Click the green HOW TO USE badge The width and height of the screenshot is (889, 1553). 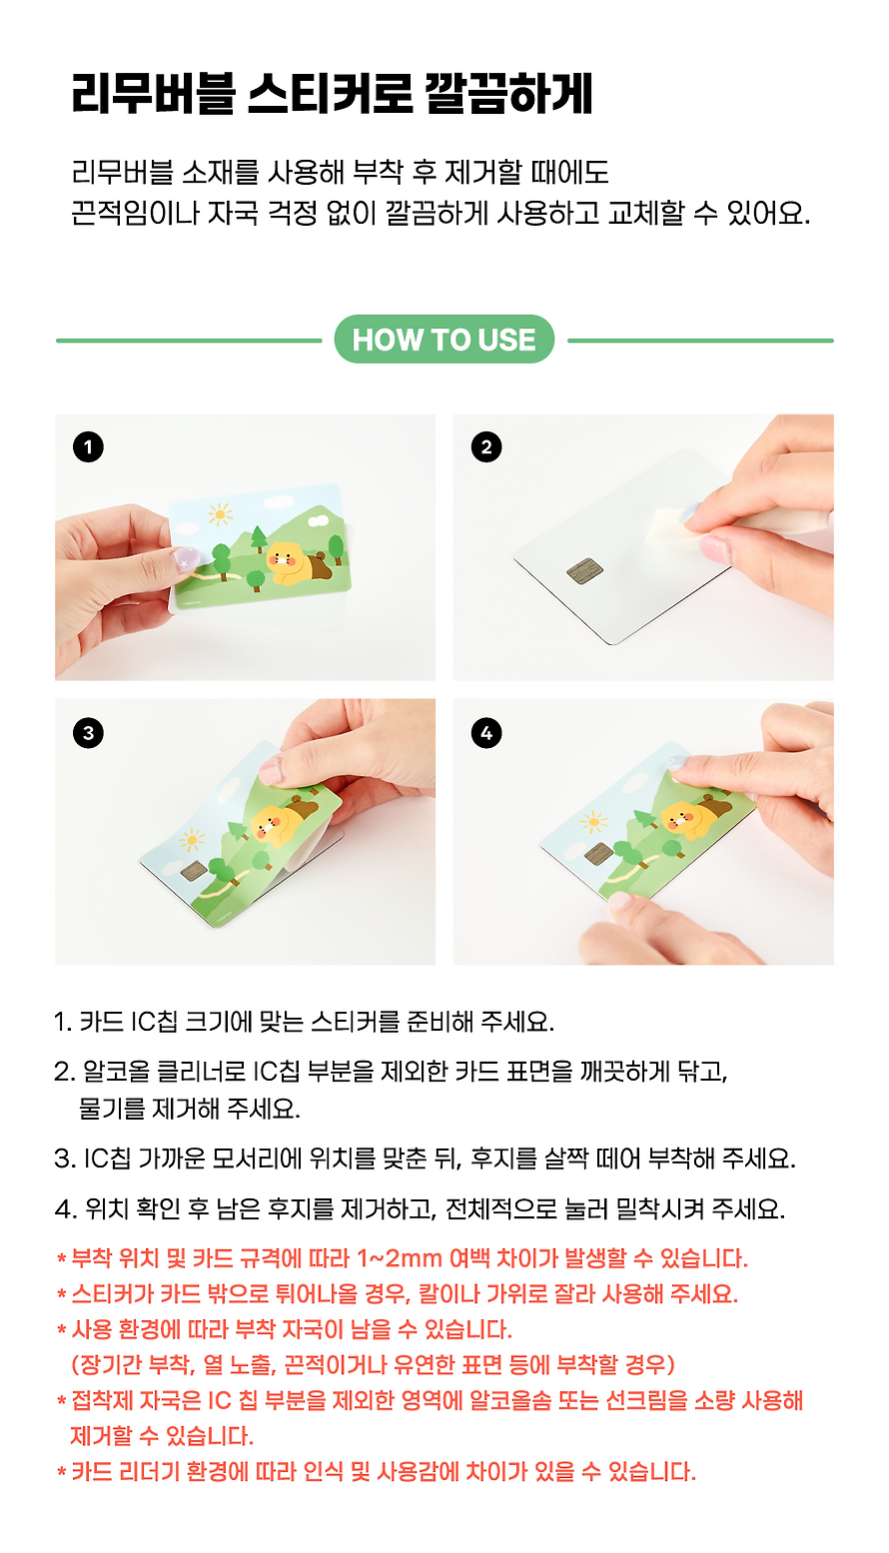click(444, 339)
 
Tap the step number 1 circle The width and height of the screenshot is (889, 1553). click(88, 447)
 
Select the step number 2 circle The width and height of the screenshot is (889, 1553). click(486, 447)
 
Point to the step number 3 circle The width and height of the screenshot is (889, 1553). click(88, 733)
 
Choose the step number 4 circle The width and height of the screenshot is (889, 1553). click(486, 733)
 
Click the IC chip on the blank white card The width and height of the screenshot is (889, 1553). click(584, 570)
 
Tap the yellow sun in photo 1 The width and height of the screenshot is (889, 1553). click(220, 514)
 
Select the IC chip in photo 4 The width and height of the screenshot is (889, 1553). click(598, 852)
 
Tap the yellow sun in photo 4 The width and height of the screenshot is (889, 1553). click(593, 822)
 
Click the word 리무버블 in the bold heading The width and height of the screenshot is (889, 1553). click(153, 93)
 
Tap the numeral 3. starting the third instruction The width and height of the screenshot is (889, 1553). click(65, 1159)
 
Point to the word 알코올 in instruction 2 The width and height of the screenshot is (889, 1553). click(116, 1072)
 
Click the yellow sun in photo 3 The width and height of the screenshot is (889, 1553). click(192, 840)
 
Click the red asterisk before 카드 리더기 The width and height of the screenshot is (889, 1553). click(62, 1470)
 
